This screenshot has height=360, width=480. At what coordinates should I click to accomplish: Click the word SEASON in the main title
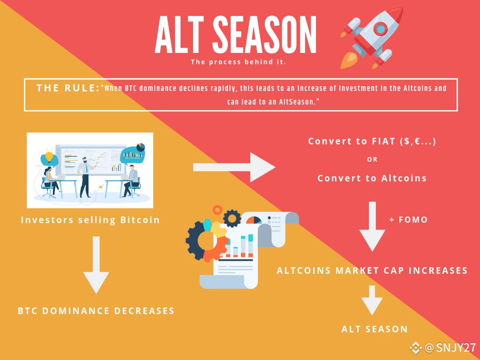[x=264, y=35]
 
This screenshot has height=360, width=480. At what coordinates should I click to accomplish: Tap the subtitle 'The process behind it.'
[x=239, y=62]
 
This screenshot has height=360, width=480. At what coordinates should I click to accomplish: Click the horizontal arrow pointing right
[x=234, y=167]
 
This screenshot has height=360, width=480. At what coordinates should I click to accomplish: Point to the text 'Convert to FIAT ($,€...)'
[x=372, y=141]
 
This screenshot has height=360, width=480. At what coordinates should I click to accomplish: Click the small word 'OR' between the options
[x=372, y=159]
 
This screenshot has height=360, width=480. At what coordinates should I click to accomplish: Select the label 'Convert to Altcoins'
[x=372, y=178]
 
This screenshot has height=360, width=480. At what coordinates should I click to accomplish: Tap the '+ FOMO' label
[x=408, y=219]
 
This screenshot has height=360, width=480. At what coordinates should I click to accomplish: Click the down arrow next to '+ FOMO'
[x=372, y=226]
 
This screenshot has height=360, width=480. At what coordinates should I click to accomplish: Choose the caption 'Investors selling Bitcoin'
[x=90, y=220]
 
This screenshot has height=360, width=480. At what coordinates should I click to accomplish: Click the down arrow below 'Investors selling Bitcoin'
[x=96, y=265]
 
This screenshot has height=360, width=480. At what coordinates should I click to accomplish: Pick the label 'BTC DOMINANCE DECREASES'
[x=96, y=311]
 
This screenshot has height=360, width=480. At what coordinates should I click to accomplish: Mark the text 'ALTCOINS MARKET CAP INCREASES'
[x=372, y=270]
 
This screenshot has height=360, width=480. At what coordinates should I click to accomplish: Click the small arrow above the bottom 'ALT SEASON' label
[x=372, y=300]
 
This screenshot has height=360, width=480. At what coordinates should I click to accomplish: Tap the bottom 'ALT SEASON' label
[x=375, y=329]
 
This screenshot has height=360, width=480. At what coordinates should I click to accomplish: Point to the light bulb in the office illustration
[x=49, y=157]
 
